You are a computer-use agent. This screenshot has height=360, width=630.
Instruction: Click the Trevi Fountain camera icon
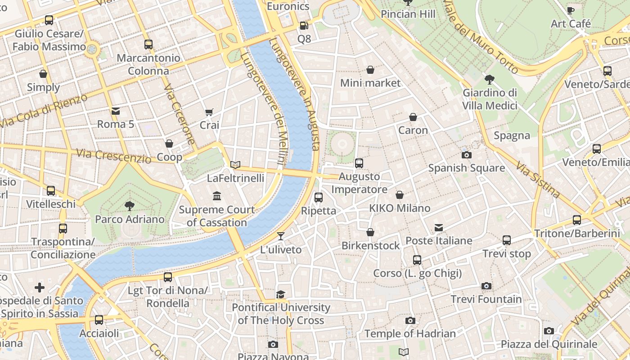(x=486, y=286)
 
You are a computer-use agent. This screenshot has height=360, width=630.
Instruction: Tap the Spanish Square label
(x=466, y=168)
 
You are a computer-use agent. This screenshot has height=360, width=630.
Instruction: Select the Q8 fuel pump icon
(x=304, y=26)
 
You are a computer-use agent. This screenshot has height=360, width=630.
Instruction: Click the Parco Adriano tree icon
(x=130, y=206)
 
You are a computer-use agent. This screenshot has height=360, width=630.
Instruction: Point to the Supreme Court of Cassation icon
(x=217, y=196)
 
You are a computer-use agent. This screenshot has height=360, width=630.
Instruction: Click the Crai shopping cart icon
(x=209, y=112)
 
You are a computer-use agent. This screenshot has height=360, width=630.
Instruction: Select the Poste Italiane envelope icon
(x=439, y=228)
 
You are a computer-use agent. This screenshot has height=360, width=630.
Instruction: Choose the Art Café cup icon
(x=571, y=10)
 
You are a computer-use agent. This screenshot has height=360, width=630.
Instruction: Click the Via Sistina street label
(x=538, y=180)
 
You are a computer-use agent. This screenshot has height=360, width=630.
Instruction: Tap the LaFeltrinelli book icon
(x=235, y=165)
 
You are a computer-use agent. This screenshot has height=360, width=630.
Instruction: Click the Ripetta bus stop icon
(x=319, y=197)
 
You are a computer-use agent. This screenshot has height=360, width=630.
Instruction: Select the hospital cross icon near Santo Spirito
(x=40, y=288)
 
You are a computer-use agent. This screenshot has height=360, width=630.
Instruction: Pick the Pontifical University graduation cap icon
(x=281, y=294)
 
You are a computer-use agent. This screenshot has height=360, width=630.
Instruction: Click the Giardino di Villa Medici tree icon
(x=490, y=80)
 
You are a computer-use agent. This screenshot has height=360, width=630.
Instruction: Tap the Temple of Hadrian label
(x=410, y=333)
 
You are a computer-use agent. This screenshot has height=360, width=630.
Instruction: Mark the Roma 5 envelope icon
(x=116, y=111)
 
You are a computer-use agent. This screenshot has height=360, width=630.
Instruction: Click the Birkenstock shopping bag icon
(x=370, y=233)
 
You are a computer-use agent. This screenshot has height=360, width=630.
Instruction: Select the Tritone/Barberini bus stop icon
(x=577, y=220)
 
